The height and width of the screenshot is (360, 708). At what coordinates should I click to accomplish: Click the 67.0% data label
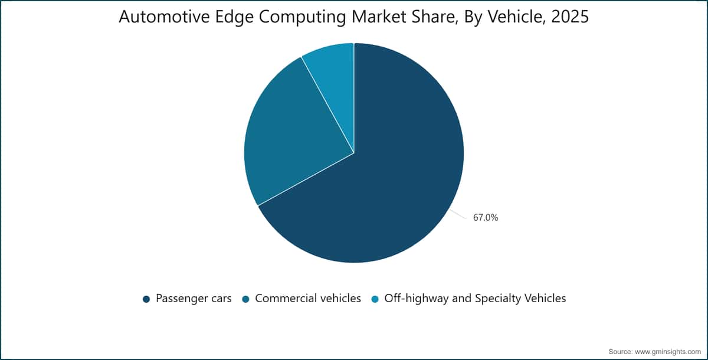(x=486, y=217)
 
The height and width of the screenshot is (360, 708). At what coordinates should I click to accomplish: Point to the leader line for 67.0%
(x=458, y=214)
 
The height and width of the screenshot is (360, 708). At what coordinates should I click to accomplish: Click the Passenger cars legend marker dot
(x=146, y=299)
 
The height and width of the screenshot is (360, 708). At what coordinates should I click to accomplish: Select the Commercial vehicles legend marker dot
(x=245, y=299)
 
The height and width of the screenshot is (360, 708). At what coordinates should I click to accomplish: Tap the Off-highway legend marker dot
(x=375, y=299)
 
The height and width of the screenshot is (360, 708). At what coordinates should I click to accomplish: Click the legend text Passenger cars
(x=194, y=299)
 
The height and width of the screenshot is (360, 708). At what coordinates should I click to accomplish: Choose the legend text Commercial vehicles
(x=308, y=299)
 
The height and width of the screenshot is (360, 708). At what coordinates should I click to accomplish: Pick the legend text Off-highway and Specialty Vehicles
(x=475, y=299)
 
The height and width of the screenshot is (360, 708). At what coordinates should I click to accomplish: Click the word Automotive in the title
(x=165, y=17)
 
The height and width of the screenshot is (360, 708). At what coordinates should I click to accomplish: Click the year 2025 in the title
(x=570, y=17)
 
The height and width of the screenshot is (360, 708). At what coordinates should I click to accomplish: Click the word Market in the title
(x=379, y=17)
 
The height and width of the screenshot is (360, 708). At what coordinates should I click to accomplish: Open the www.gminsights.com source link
(x=668, y=352)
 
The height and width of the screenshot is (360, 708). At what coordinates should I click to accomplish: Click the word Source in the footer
(x=621, y=352)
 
